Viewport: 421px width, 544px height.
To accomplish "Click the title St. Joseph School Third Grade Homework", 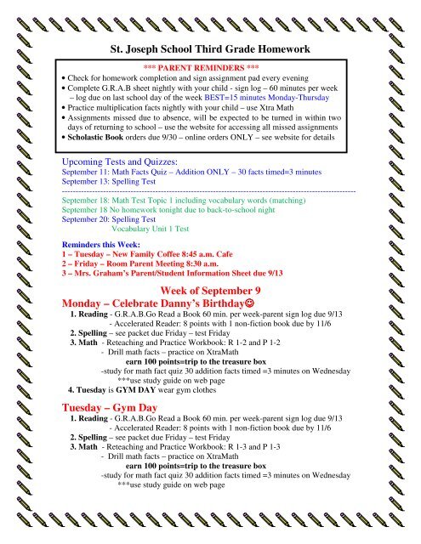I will point(209,50).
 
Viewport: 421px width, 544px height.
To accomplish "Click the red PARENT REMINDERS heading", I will point(210,76).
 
